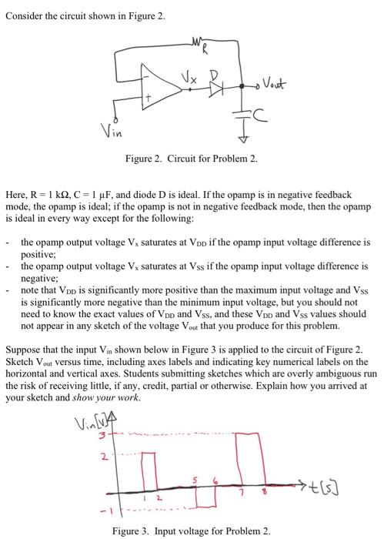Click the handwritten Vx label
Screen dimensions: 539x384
click(x=199, y=75)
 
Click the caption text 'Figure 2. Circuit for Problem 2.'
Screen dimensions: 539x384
click(x=192, y=159)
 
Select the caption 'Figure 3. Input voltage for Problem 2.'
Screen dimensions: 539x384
click(x=192, y=531)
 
